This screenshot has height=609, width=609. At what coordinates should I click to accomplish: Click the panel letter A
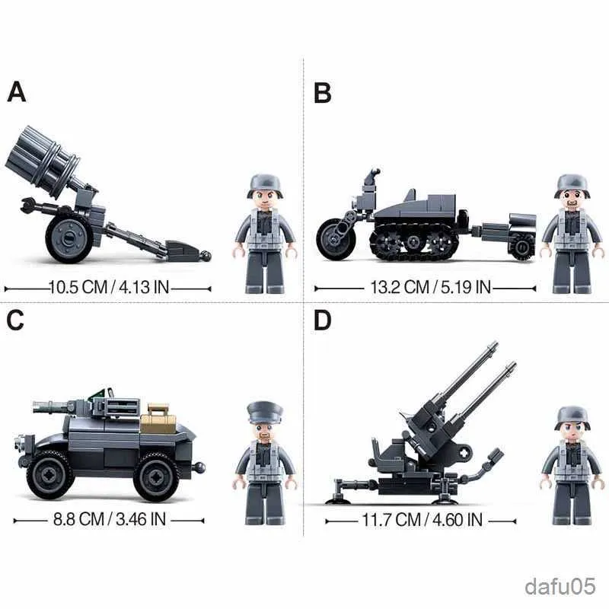17,91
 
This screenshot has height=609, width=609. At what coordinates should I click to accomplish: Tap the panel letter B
323,93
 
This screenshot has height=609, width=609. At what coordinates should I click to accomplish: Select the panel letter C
17,320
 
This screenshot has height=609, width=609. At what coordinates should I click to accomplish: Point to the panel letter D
323,321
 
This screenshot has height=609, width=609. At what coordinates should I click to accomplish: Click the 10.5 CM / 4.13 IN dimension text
107,289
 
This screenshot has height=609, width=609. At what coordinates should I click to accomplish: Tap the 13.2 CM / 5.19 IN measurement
425,288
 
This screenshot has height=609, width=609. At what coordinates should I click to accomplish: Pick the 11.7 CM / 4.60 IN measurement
421,521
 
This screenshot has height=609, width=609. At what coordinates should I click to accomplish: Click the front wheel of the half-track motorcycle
336,238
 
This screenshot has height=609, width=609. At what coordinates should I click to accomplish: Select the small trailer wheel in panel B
522,245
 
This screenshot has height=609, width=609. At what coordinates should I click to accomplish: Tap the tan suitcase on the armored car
159,419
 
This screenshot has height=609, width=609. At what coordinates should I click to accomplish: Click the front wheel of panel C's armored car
50,474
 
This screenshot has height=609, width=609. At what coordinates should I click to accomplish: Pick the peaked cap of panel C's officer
265,413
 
